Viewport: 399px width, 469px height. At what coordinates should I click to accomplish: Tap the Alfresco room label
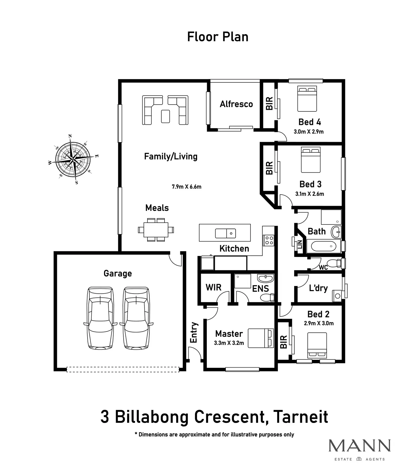click(x=236, y=104)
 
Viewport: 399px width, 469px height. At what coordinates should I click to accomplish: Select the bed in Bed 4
click(x=307, y=99)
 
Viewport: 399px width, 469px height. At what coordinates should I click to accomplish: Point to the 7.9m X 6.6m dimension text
click(x=186, y=187)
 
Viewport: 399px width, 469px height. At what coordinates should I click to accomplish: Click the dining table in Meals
click(x=156, y=230)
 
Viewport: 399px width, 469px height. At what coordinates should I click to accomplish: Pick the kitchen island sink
click(x=226, y=233)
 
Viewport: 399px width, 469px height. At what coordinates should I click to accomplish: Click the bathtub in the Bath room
click(x=323, y=246)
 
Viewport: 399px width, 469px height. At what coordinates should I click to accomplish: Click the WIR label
click(x=213, y=287)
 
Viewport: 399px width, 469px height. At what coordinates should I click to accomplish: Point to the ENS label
click(x=260, y=288)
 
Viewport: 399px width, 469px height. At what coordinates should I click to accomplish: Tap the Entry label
click(x=194, y=333)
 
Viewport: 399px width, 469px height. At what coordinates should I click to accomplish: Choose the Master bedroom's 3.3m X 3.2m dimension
click(x=229, y=343)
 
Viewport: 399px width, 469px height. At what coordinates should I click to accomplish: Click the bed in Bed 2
click(x=317, y=345)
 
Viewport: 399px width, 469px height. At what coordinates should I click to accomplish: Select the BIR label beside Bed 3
click(x=269, y=168)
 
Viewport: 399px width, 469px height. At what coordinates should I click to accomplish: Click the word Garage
click(x=118, y=273)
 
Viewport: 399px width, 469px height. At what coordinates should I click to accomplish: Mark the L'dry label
click(x=318, y=288)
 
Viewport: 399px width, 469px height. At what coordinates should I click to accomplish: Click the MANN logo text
click(x=360, y=445)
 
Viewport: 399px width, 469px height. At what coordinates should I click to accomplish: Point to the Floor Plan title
click(x=218, y=37)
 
